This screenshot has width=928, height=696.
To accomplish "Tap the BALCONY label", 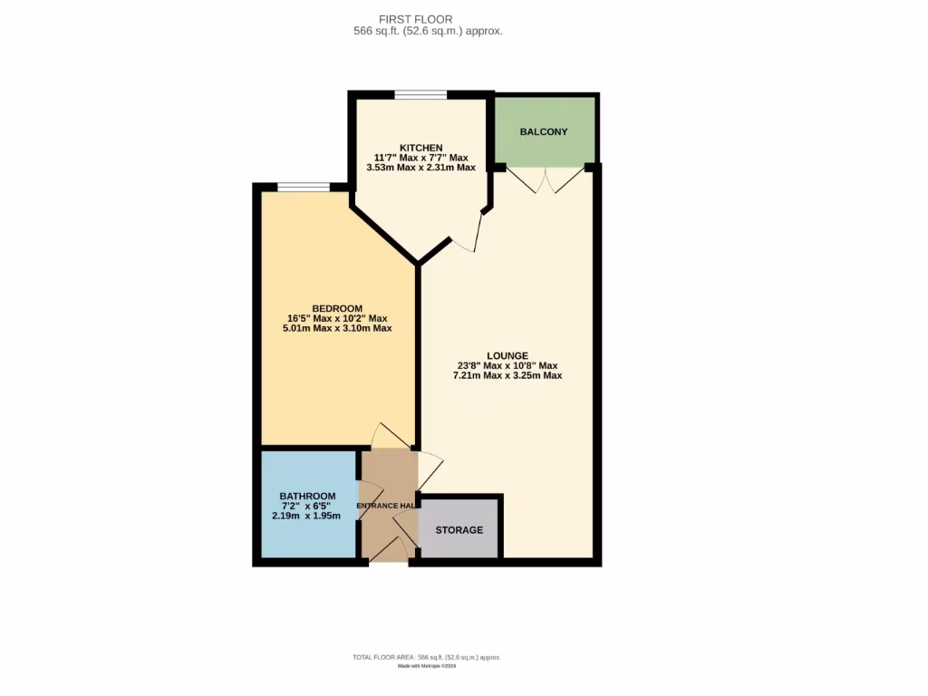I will (x=544, y=131).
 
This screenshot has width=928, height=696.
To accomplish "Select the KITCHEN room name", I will (x=421, y=148).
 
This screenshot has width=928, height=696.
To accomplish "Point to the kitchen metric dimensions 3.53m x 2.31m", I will (x=421, y=167).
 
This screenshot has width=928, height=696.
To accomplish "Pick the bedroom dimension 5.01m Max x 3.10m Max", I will (x=337, y=328).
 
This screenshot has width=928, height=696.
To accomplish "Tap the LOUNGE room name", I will (x=507, y=355).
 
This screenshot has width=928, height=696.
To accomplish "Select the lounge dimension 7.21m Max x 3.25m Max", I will (x=507, y=374).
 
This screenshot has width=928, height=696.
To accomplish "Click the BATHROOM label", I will (x=307, y=496).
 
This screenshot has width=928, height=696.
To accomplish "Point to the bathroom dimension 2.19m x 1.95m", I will (x=307, y=516).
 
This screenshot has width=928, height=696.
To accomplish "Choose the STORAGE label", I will (x=459, y=529).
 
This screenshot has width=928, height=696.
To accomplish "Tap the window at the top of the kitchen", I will (x=420, y=94).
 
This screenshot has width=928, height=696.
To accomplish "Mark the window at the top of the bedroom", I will (x=304, y=188).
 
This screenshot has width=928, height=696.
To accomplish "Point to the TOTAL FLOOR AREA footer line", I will (x=426, y=657).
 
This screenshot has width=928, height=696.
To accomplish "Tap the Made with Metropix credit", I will (x=426, y=666).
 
